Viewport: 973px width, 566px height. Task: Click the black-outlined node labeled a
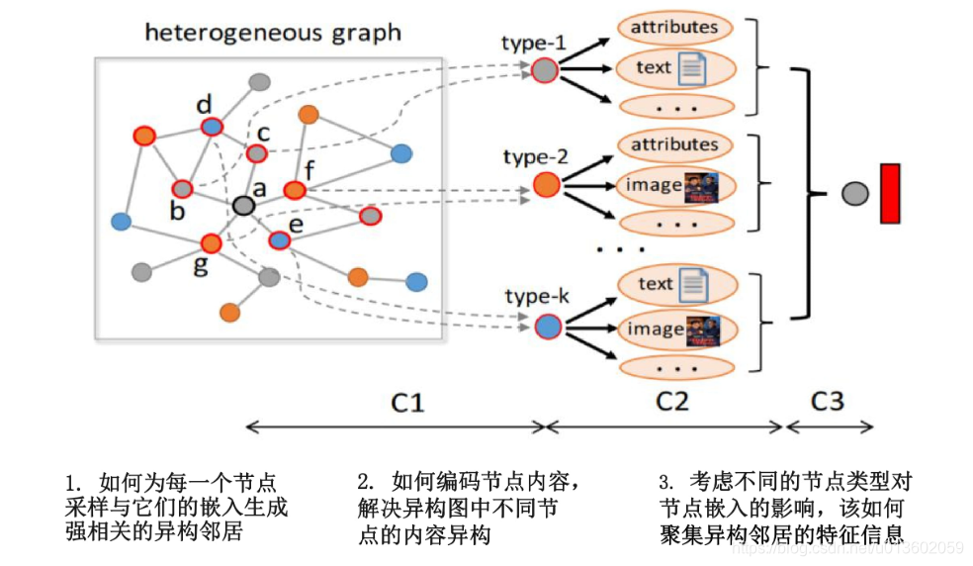(243, 205)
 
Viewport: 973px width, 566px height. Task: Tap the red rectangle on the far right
(889, 193)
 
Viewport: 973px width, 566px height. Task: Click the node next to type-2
(546, 184)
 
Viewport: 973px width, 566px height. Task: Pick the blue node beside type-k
(547, 326)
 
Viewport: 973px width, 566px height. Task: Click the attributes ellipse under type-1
(675, 28)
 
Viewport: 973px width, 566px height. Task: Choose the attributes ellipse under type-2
(675, 145)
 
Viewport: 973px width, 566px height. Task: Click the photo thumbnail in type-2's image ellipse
(701, 186)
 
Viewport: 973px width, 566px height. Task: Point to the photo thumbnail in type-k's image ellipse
(703, 330)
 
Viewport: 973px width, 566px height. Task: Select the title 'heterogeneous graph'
(273, 33)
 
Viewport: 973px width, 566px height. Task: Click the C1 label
(406, 402)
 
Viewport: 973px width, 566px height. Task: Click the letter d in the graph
(204, 105)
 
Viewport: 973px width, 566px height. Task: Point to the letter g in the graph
(201, 266)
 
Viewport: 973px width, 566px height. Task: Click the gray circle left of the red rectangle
(855, 193)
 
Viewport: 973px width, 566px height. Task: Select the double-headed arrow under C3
(829, 427)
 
